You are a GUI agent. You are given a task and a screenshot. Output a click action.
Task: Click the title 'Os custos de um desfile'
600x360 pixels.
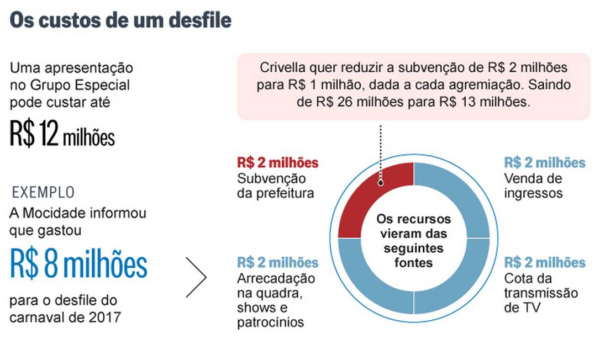tap(120, 20)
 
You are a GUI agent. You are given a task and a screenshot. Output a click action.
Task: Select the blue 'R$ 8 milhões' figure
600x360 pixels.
tap(78, 264)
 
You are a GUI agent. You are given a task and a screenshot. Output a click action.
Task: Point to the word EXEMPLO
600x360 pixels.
tap(43, 192)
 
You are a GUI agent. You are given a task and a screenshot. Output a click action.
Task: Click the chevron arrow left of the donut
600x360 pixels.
tap(197, 277)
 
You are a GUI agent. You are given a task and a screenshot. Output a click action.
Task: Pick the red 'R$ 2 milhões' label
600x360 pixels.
tap(278, 162)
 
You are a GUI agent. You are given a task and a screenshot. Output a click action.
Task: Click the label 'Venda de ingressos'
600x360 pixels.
tap(533, 186)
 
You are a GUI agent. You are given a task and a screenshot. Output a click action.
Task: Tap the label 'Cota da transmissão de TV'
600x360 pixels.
tap(541, 293)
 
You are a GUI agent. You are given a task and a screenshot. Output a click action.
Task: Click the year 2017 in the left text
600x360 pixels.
tap(107, 317)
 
